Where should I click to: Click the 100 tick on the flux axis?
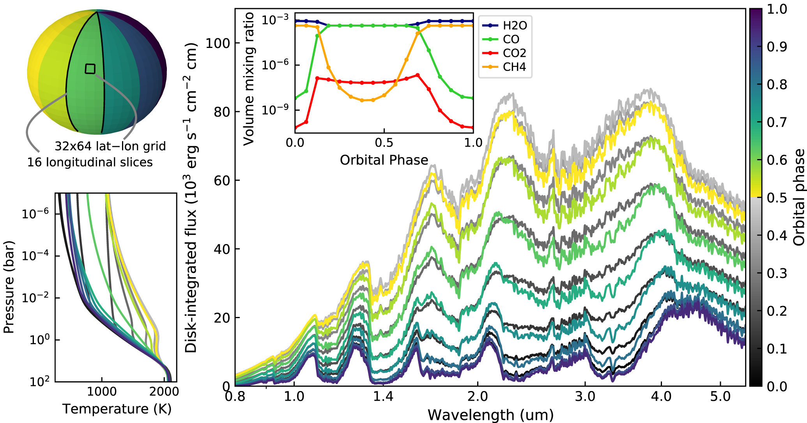click(217, 43)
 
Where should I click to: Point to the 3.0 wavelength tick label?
click(585, 396)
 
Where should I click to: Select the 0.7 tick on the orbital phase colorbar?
click(777, 122)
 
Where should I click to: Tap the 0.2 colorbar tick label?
click(777, 311)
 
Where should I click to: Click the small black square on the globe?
click(90, 69)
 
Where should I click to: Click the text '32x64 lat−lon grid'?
click(110, 146)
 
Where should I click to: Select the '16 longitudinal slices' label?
click(90, 162)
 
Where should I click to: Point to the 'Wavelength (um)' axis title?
click(490, 415)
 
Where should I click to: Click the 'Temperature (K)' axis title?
click(117, 409)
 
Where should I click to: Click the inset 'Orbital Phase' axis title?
click(384, 160)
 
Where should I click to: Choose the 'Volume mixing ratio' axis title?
click(248, 79)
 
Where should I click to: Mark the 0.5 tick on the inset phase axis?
click(384, 143)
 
